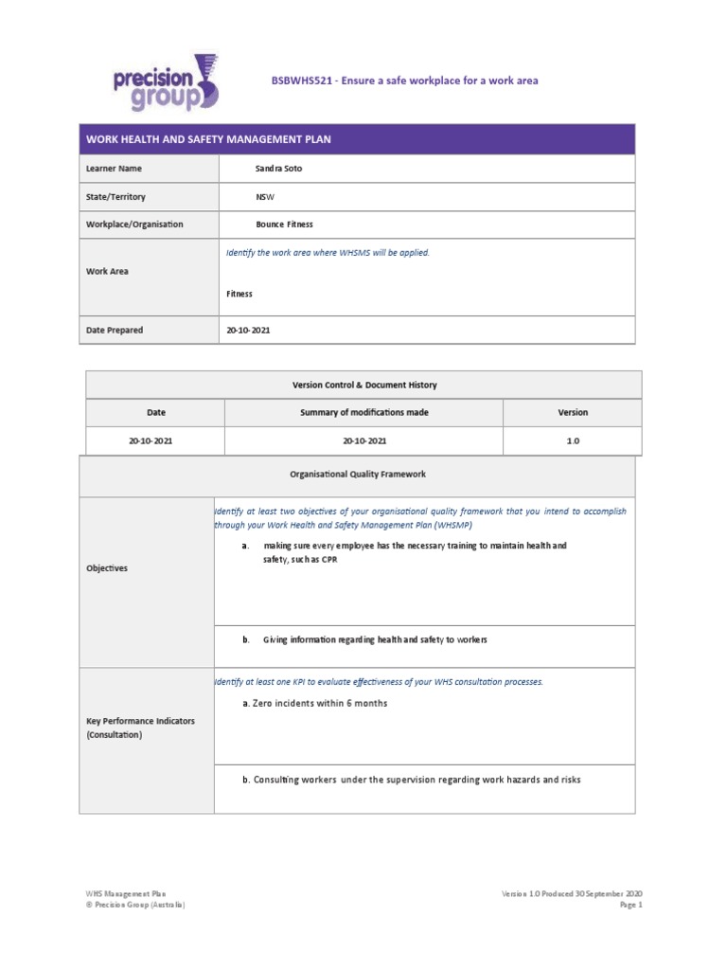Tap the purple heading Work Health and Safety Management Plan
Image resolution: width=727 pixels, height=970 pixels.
pos(209,139)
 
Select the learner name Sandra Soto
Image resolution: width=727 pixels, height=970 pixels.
pos(279,169)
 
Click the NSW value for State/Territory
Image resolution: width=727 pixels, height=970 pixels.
pos(264,197)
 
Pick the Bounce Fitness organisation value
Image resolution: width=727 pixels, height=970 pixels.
pos(284,225)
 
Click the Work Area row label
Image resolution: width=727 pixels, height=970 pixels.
pos(107,271)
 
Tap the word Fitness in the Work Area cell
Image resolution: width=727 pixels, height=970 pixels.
pos(239,294)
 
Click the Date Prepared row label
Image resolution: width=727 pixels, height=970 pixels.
pos(115,330)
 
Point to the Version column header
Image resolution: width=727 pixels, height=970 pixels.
pos(573,412)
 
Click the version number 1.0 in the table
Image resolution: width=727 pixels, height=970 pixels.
pos(573,441)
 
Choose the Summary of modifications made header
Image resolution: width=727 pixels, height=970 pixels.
pos(363,412)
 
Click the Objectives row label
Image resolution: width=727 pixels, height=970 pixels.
pos(107,568)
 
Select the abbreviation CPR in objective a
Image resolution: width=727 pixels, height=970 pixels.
pos(327,560)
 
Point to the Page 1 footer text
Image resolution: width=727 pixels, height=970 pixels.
pos(630,905)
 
